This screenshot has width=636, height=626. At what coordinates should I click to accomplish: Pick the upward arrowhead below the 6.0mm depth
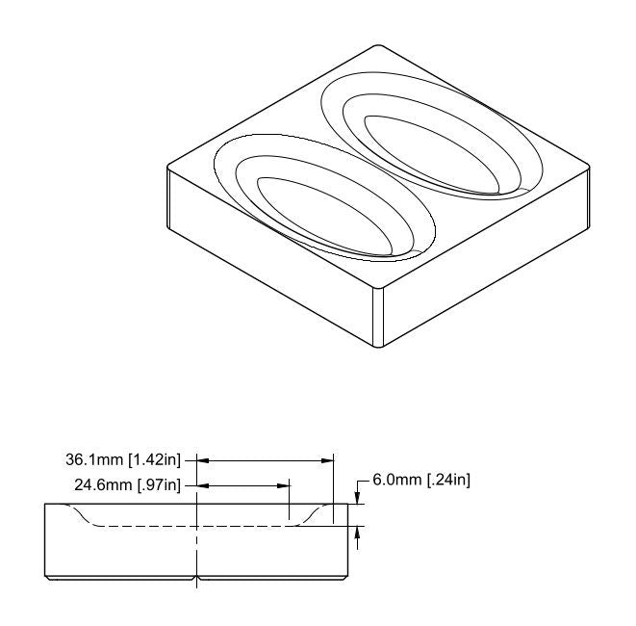tap(358, 531)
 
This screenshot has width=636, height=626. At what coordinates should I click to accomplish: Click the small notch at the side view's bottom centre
tap(196, 578)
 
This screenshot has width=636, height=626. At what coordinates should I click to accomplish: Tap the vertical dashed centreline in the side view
tap(196, 549)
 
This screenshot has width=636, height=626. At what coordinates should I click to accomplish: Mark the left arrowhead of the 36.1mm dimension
tap(203, 461)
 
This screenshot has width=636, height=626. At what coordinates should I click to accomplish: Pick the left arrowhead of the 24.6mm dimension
tap(203, 484)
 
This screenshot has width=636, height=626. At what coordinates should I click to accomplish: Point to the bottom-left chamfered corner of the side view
tap(48, 576)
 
